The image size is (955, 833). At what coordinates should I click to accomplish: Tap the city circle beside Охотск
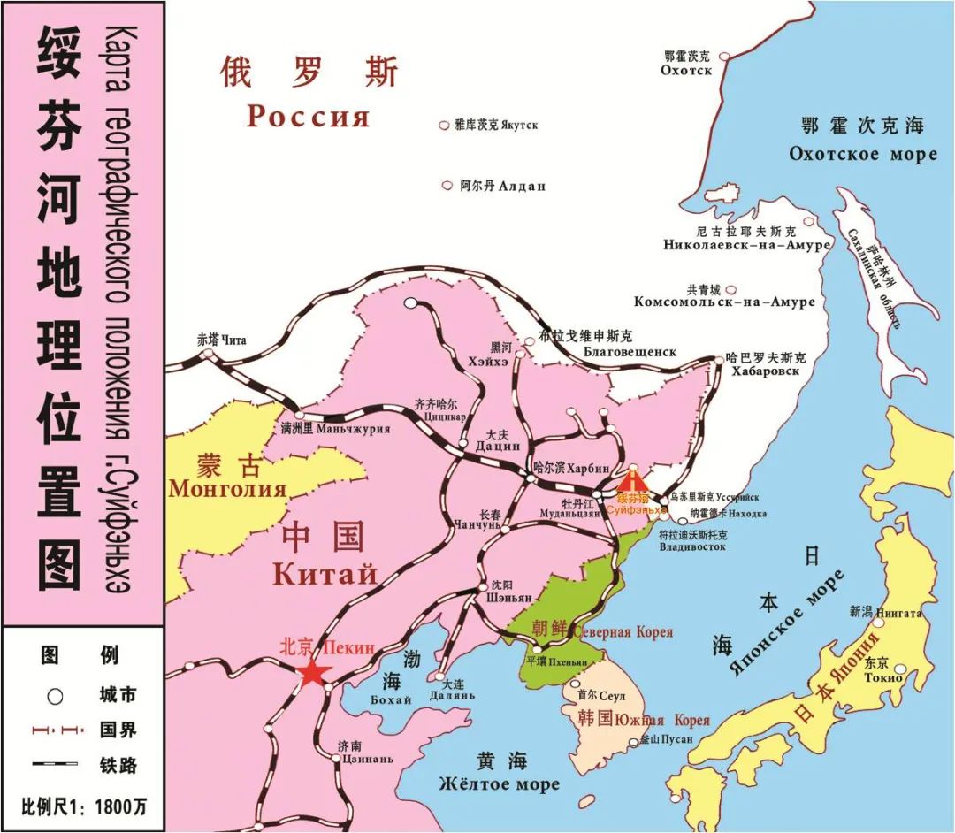[724, 55]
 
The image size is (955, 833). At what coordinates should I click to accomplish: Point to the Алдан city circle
[446, 186]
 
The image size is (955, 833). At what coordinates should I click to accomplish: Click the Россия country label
[308, 116]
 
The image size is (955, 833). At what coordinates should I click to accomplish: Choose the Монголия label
[228, 488]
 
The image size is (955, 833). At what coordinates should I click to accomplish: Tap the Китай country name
[325, 574]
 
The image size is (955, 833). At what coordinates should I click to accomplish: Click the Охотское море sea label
[862, 154]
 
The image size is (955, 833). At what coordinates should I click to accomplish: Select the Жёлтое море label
[500, 784]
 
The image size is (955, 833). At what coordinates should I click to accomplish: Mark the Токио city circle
[899, 679]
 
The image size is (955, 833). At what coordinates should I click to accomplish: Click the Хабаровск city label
[765, 371]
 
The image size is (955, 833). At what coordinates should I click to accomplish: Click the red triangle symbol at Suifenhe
[630, 481]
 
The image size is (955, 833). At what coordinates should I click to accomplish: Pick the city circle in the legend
[55, 696]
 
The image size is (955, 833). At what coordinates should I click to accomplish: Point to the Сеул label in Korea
[613, 697]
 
